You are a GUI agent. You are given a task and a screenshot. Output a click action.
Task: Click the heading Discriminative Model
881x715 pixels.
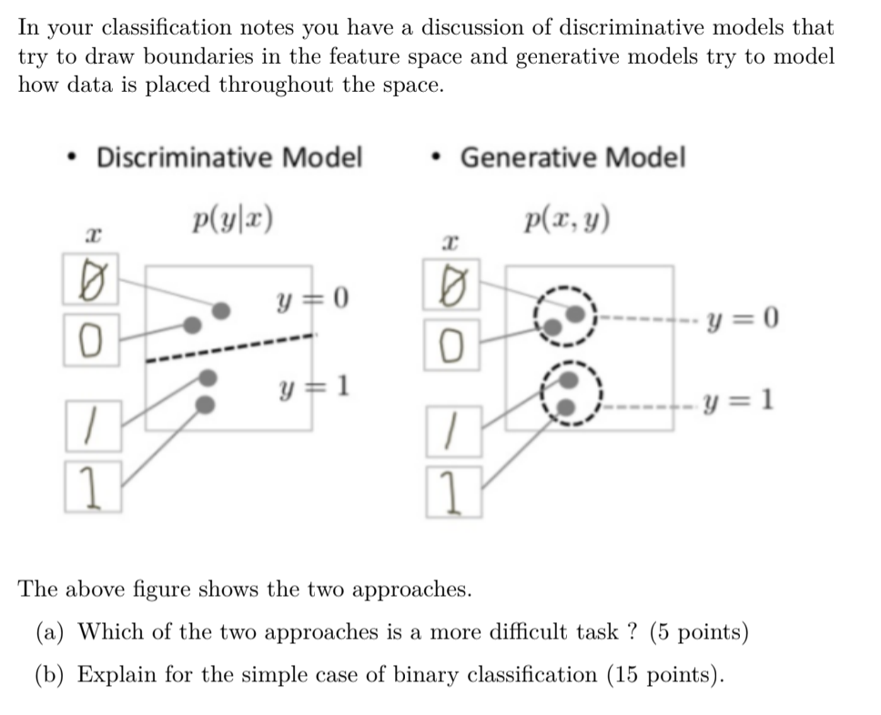229,157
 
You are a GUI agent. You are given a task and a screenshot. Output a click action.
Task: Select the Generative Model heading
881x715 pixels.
572,157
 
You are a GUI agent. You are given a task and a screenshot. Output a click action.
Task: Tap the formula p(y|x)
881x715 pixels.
234,218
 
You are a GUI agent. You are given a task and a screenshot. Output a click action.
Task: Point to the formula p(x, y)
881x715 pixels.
568,218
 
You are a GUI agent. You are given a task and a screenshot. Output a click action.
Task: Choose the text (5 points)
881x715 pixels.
699,631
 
